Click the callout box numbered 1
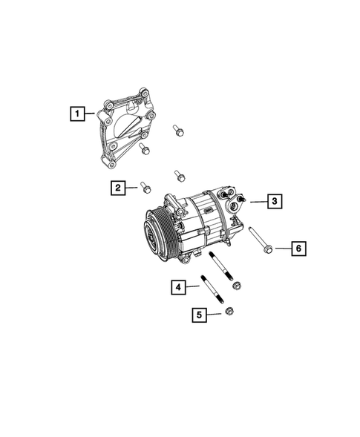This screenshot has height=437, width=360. (76, 114)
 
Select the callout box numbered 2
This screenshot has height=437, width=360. (118, 188)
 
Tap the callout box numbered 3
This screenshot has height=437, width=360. (274, 201)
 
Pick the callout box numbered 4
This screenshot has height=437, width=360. (179, 286)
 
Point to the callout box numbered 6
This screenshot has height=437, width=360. (298, 249)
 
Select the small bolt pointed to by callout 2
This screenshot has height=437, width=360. (145, 187)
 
